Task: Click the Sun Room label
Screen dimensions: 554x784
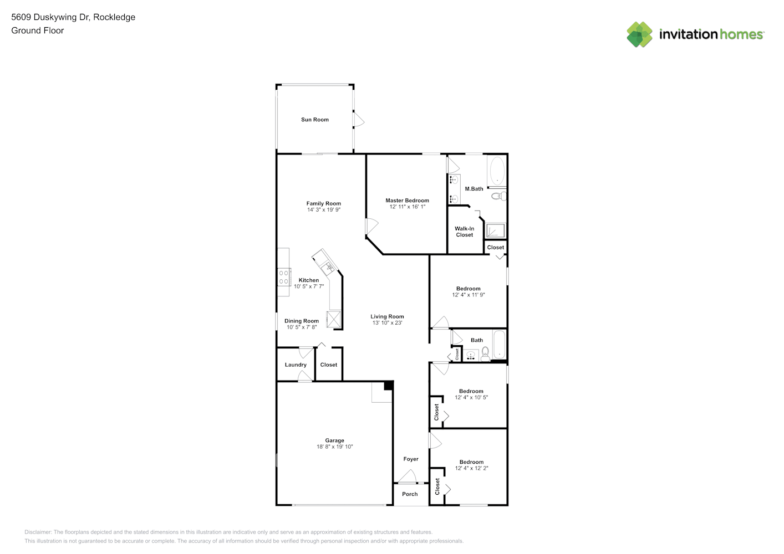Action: coord(314,120)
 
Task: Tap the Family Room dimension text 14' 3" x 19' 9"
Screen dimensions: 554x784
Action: coord(324,210)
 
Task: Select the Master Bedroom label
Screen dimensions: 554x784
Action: coord(407,201)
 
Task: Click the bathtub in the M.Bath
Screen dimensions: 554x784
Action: coord(497,171)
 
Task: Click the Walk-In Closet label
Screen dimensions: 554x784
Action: coord(464,232)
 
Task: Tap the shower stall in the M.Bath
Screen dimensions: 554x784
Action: coord(495,230)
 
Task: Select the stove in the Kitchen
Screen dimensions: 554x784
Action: coord(283,277)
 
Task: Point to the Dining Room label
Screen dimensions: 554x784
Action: coord(301,321)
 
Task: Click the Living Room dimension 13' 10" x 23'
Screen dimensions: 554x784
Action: coord(387,323)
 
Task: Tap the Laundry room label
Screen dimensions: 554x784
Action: coord(296,365)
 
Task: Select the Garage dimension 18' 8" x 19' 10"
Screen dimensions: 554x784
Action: coord(334,447)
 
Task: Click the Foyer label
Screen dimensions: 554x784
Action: coord(411,459)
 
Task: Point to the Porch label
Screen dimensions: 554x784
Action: coord(410,494)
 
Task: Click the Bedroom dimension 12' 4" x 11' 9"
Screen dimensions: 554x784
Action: coord(469,295)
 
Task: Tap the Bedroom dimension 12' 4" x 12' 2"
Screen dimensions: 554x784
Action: coord(471,468)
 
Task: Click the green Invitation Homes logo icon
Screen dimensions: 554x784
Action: coord(639,34)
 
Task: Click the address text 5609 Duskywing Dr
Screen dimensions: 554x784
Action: coord(50,17)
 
